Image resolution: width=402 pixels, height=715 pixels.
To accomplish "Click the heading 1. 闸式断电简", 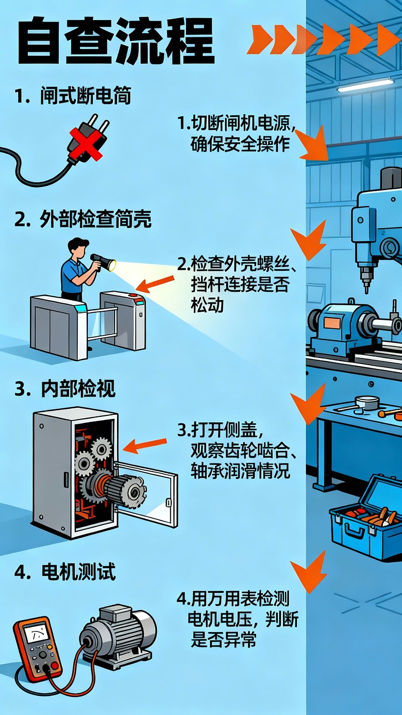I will tap(73, 96).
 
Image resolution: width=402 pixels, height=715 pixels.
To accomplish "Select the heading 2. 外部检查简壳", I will tap(83, 220).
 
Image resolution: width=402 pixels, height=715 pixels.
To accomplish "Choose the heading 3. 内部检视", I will tap(65, 389).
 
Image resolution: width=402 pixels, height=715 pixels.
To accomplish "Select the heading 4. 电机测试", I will tap(65, 572).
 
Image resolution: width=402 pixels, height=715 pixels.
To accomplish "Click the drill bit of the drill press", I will tap(366, 282).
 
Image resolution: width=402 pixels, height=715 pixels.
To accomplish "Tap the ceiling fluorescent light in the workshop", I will tap(365, 85).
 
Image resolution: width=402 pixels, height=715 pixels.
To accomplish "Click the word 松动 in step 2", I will tap(207, 305).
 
